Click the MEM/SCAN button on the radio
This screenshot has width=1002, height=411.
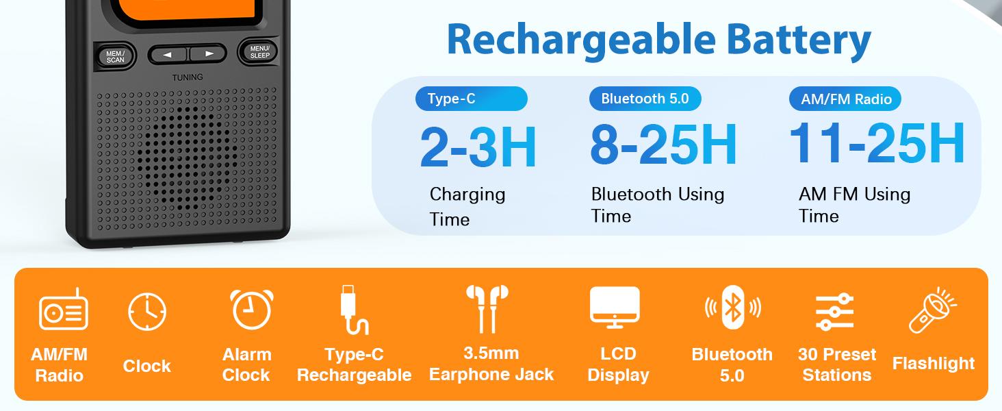point(116,56)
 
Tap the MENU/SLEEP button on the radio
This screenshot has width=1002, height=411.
point(259,52)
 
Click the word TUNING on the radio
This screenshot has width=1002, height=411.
point(188,77)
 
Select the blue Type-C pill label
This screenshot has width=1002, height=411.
point(471,99)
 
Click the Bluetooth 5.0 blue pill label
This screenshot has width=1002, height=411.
point(645,99)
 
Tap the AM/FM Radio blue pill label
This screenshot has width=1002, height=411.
point(845,99)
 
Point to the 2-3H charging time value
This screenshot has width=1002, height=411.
point(478,147)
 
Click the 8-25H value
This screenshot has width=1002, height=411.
point(663,145)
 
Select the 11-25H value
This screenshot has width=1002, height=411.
point(877,144)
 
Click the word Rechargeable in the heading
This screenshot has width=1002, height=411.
point(574,40)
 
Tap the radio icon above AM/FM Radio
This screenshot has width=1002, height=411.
point(64,312)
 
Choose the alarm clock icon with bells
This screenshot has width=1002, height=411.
point(251,310)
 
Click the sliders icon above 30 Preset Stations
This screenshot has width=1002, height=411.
point(834,312)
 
